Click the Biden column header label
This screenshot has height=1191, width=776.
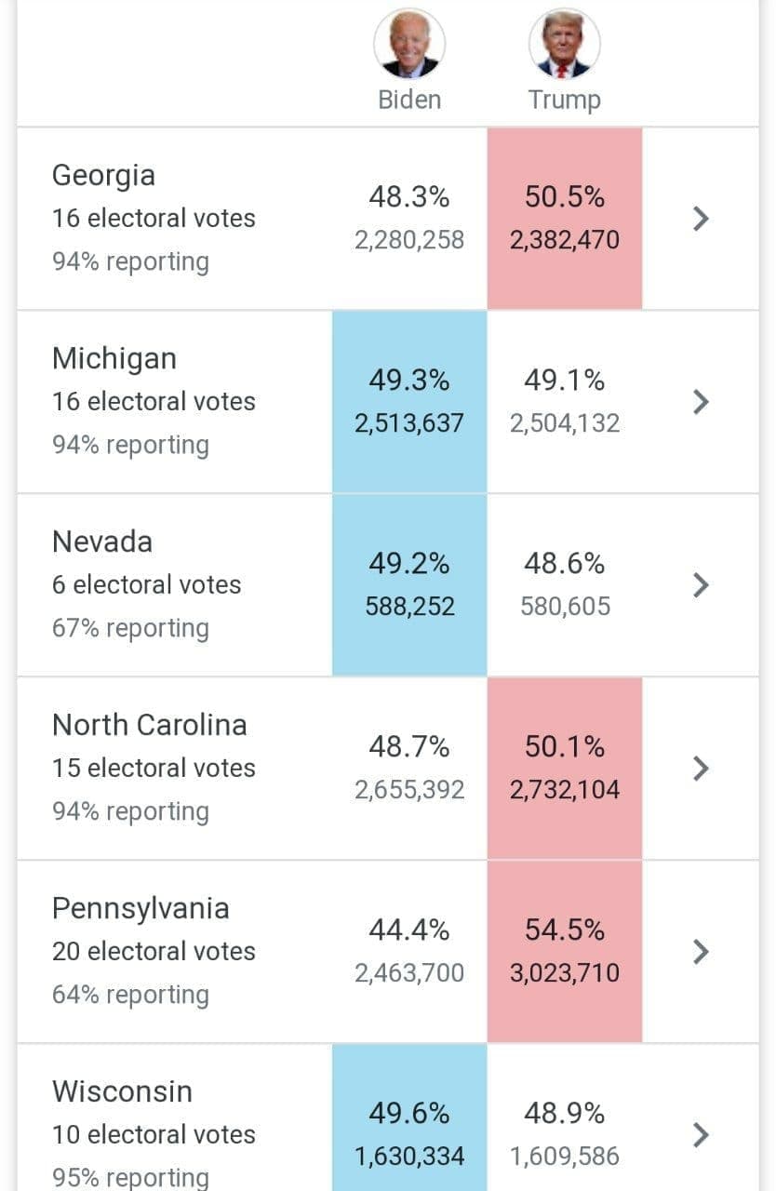point(409,100)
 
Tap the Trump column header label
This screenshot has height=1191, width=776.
point(564,100)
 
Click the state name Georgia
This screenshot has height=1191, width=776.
point(103,175)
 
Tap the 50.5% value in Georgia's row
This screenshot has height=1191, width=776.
point(564,197)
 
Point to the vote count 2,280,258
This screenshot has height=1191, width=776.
point(409,240)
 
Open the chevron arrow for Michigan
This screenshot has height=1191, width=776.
point(702,402)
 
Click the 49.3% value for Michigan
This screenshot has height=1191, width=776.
point(409,381)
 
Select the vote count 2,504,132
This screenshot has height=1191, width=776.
point(564,423)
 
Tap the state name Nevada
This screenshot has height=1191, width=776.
point(102,542)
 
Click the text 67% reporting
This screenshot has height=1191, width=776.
point(130,628)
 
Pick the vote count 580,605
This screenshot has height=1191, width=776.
point(564,607)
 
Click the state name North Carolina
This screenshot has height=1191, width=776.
point(150,725)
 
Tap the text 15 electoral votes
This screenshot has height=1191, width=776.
point(154,769)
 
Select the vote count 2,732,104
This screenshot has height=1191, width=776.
point(564,790)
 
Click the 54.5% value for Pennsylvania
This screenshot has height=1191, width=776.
point(564,930)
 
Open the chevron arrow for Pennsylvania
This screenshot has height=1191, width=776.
point(702,952)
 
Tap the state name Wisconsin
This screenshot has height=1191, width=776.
point(122,1091)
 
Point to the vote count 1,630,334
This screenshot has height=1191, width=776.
point(409,1157)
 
